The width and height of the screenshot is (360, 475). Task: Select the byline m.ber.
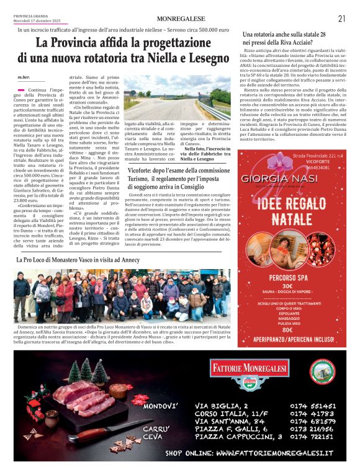point(23,78)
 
